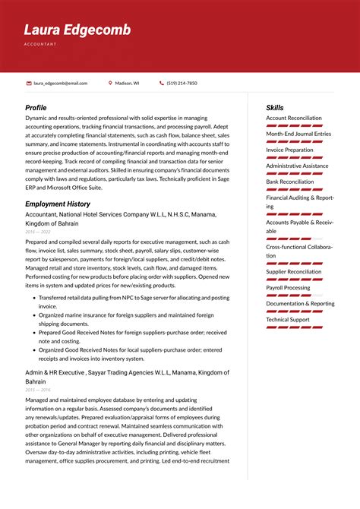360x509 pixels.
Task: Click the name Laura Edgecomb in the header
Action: click(77, 30)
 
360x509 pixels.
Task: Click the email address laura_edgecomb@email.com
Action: click(60, 83)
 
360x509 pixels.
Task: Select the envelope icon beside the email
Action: click(29, 83)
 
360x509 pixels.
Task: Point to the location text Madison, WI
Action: click(127, 83)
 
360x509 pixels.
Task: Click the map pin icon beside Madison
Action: click(110, 83)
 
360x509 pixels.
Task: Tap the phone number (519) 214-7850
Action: click(182, 83)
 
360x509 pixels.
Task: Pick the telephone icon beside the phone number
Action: click(162, 83)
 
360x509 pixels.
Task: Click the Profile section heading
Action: click(36, 108)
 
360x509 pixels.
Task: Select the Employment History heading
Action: click(58, 204)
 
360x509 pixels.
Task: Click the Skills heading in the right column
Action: click(274, 108)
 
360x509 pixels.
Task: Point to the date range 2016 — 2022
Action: click(37, 232)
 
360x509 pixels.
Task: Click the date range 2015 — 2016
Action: click(37, 389)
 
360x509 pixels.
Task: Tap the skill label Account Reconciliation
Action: click(293, 119)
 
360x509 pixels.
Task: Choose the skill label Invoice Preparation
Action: click(289, 150)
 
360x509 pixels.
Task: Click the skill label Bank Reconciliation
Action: click(289, 182)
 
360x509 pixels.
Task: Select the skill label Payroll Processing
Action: click(288, 288)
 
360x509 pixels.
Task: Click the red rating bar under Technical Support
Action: click(294, 327)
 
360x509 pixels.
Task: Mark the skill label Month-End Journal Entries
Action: click(298, 134)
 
